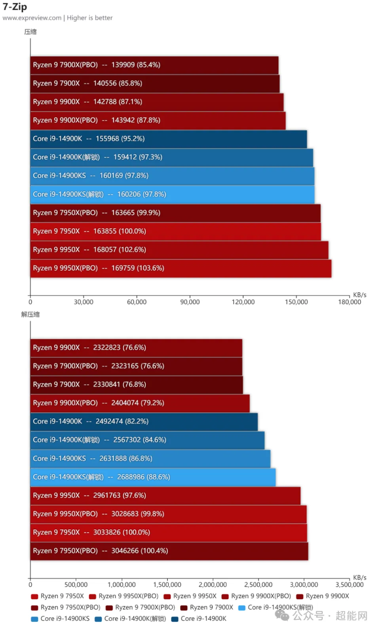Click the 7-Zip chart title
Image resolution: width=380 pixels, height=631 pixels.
point(15,7)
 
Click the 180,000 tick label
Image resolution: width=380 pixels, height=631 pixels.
point(350,302)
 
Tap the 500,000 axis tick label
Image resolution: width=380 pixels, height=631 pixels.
point(76,585)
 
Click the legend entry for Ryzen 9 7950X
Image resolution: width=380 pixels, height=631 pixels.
point(58,596)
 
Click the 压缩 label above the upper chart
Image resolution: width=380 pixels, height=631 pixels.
point(30,32)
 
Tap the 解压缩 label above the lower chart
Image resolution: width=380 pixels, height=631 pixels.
point(30,315)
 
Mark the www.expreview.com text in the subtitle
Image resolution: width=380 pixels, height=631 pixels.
point(32,18)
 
